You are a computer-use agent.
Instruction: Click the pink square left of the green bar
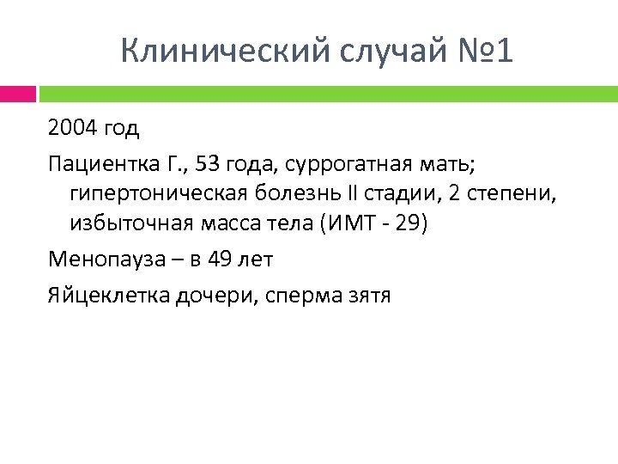(x=17, y=92)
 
